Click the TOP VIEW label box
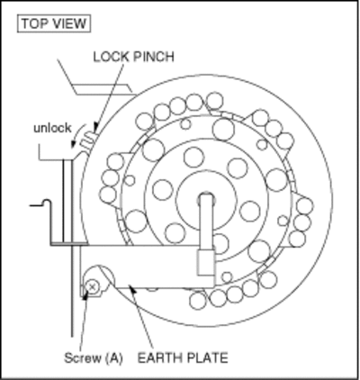pos(54,23)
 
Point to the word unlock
pos(52,128)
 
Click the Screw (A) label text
pos(94,358)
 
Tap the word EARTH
pos(159,358)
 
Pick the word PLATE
pos(207,358)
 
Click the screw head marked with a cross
pos(92,287)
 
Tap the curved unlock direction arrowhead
pos(73,144)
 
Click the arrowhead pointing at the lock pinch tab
pos(95,127)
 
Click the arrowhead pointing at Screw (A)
pos(86,294)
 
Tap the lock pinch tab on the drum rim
pos(87,140)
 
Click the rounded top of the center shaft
pos(207,196)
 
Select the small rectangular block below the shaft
pos(206,263)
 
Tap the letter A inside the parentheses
pos(114,358)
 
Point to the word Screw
pos(83,358)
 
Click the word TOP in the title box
pos(34,23)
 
